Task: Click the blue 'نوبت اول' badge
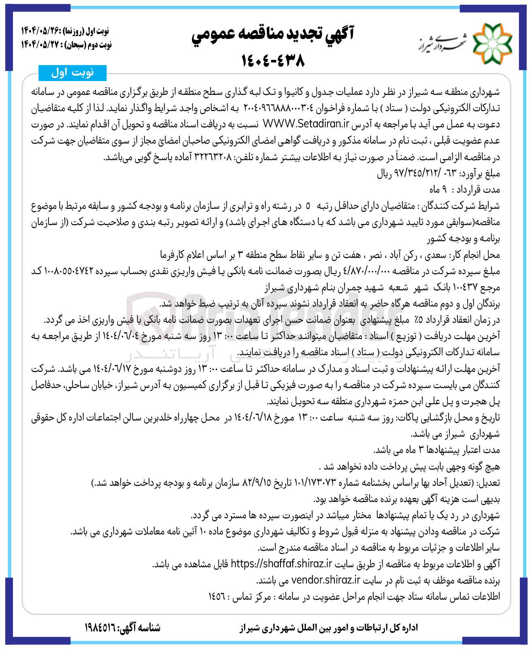click(72, 73)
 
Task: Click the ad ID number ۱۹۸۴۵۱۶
click(100, 628)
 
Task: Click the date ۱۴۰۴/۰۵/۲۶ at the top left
click(41, 31)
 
